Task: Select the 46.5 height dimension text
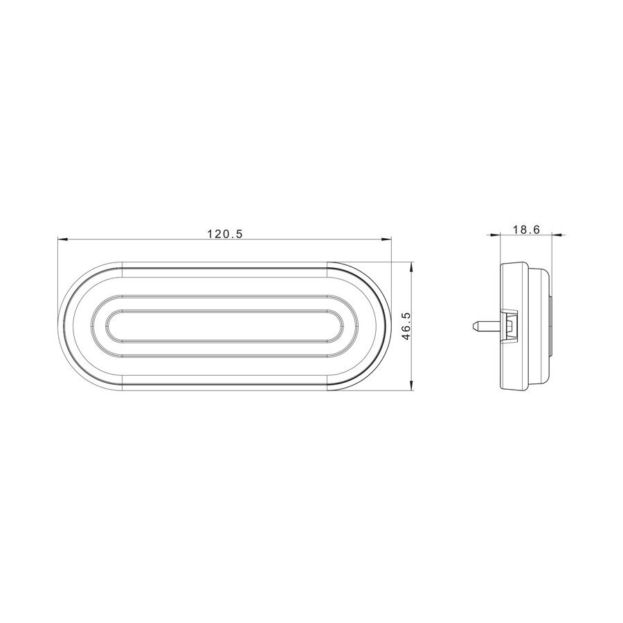406,325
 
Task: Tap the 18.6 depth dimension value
527,231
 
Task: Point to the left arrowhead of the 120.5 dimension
62,240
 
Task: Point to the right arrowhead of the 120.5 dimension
388,240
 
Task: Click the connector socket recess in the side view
511,325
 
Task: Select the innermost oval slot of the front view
225,325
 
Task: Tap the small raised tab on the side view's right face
552,325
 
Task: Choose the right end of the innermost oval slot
342,325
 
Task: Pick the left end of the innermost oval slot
108,325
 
